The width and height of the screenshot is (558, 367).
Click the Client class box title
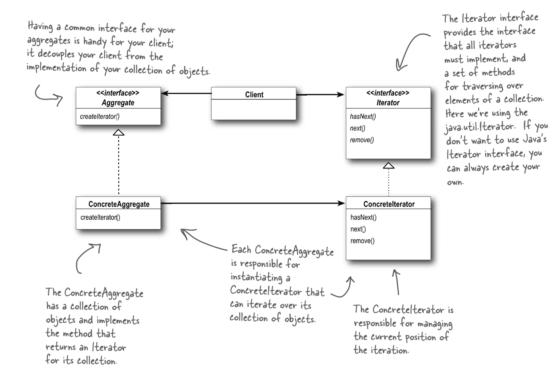point(254,95)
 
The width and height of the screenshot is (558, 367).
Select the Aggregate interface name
point(118,102)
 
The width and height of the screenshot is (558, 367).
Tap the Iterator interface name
point(388,102)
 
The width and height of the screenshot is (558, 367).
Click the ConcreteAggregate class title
point(119,204)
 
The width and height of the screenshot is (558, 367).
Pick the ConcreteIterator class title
point(389,204)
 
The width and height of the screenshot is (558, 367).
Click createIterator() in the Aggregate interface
point(100,117)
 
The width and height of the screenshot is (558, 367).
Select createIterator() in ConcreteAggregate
point(100,217)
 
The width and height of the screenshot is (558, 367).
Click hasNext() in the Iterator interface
point(363,117)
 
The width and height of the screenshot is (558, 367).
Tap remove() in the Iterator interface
point(362,140)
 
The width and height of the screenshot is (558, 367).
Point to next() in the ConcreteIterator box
point(358,229)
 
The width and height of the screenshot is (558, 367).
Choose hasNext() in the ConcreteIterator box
point(363,217)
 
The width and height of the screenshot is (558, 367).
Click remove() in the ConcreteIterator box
point(362,241)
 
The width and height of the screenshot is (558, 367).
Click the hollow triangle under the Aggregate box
point(119,132)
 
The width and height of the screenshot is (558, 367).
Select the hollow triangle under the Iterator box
point(389,165)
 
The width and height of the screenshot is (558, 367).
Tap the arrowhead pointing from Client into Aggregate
point(165,93)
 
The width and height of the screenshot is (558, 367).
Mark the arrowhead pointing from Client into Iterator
point(341,95)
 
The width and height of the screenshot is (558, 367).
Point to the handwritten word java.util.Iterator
point(479,127)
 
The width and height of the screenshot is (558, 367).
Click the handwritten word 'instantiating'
point(256,277)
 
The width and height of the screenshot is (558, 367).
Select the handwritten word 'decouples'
point(56,54)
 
